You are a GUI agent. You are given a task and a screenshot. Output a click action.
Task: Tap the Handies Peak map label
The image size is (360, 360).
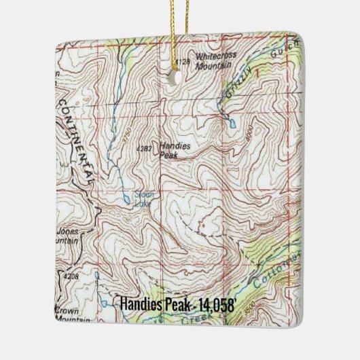tap(175, 150)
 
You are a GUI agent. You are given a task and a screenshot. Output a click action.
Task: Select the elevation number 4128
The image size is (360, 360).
tap(180, 62)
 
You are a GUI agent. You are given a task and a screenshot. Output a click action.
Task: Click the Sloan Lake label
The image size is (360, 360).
tap(144, 197)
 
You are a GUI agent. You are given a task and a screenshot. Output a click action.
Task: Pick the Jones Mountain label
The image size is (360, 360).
tap(67, 234)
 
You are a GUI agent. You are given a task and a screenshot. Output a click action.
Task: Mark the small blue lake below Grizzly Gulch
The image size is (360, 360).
tap(233, 124)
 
